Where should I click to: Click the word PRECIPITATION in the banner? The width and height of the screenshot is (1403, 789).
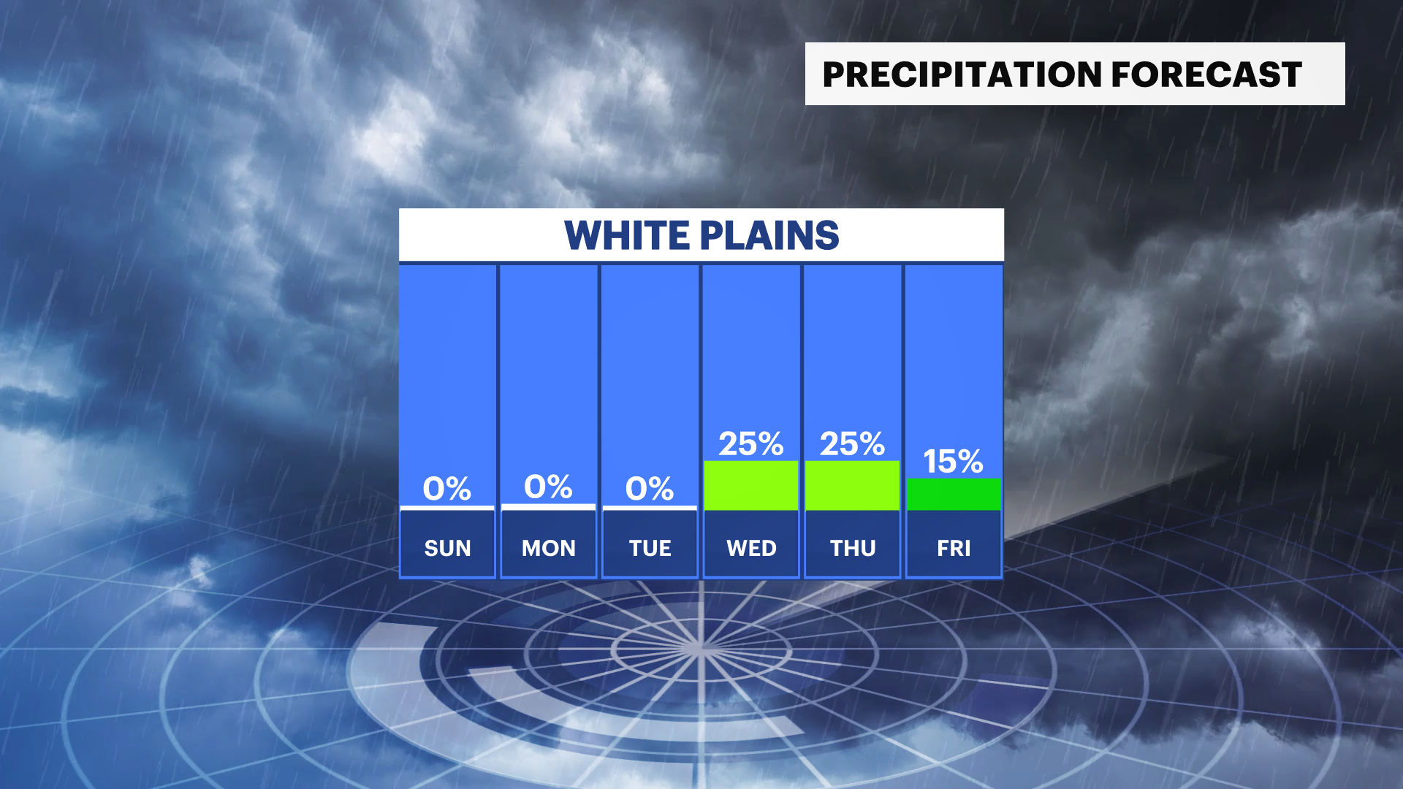point(962,75)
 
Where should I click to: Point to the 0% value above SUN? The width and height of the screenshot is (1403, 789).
point(447,489)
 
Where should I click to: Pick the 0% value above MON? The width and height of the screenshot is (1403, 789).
point(548,487)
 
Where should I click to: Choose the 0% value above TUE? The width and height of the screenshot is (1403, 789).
point(650,489)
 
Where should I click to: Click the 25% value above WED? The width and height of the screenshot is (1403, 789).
point(750,443)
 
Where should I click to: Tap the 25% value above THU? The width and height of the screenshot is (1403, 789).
point(852,443)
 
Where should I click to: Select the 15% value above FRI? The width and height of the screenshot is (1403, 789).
point(953,462)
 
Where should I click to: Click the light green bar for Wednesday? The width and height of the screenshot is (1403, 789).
point(750,485)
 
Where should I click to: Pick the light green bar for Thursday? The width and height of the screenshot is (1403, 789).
point(852,485)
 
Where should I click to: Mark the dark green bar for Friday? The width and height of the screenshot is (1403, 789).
point(954,495)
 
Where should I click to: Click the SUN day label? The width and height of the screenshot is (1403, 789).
point(447,548)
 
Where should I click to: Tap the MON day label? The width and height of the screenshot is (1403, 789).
point(549,548)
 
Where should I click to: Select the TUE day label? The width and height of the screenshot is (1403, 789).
point(650,548)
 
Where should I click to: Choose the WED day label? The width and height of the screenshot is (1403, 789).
point(751,548)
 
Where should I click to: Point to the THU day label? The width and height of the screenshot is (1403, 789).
point(853,548)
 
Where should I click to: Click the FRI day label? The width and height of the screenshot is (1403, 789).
point(954,548)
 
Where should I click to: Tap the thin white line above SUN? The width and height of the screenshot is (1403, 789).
point(447,508)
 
